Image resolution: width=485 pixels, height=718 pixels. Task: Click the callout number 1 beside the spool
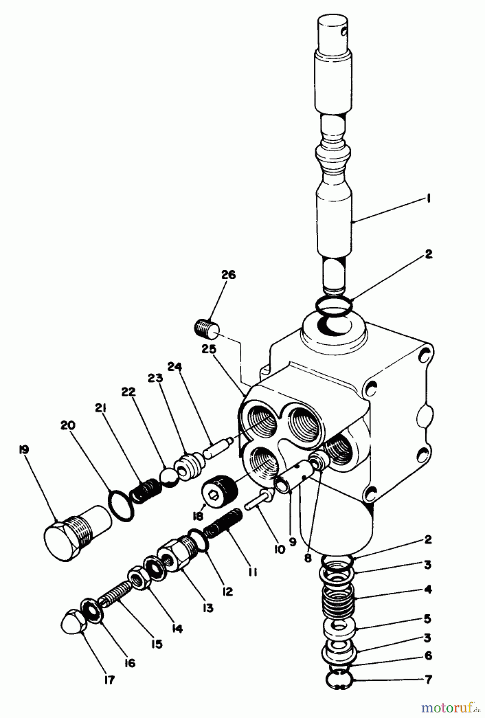pos(428,199)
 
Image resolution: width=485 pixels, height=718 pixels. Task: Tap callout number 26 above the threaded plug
pos(229,275)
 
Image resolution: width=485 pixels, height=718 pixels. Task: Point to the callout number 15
pos(157,644)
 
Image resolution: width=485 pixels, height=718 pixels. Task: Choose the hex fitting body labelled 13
pos(175,554)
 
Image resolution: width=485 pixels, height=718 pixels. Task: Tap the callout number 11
pos(252,572)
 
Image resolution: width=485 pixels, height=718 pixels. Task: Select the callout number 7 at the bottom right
pos(428,679)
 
